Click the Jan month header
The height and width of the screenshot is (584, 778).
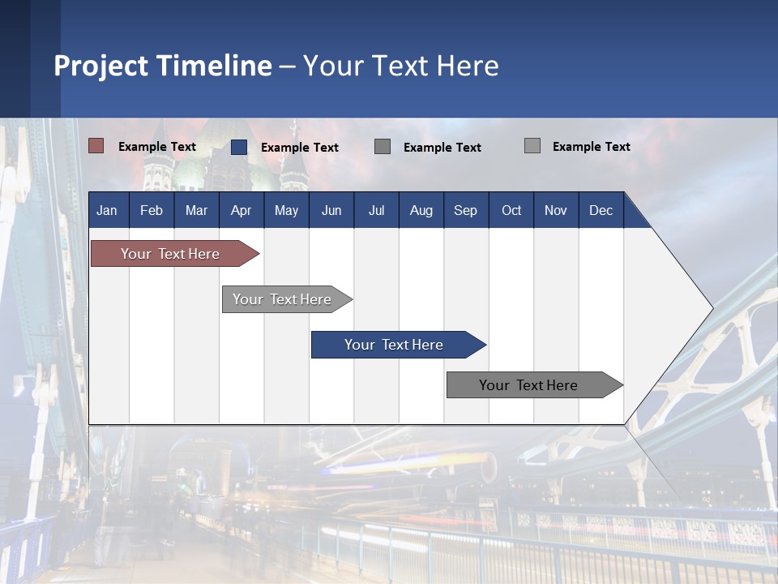click(107, 210)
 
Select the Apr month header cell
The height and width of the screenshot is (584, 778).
click(241, 210)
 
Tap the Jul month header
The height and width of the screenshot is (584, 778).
click(376, 210)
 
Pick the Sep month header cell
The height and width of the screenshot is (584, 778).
click(465, 210)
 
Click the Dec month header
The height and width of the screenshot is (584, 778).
click(601, 210)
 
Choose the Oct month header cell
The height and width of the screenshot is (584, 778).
click(511, 210)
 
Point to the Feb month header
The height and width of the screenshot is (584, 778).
click(152, 210)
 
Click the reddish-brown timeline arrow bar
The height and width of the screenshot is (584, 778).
click(171, 254)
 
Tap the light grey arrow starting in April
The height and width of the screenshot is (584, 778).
click(283, 299)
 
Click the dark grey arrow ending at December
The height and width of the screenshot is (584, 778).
click(529, 385)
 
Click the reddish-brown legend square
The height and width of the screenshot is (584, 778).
click(96, 146)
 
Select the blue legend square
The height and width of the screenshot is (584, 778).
click(239, 147)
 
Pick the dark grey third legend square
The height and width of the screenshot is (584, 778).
click(383, 146)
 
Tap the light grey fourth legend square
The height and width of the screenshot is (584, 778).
click(532, 146)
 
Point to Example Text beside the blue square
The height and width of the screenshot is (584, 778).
click(300, 148)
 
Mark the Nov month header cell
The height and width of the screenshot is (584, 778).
click(555, 210)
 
